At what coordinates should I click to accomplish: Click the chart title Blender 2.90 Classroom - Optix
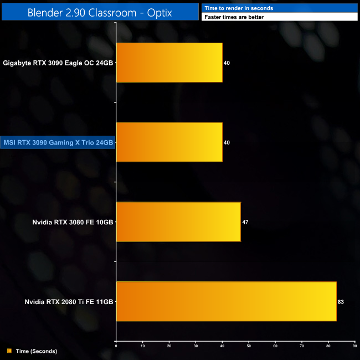tap(100, 12)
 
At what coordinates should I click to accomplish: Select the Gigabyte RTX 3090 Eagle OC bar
tap(169, 63)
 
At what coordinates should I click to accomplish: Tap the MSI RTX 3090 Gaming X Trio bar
tap(169, 142)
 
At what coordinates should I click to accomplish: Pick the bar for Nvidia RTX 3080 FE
tap(178, 222)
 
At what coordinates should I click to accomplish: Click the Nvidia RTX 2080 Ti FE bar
tap(226, 301)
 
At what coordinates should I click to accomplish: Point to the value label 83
tap(341, 302)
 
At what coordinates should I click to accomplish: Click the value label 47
tap(245, 222)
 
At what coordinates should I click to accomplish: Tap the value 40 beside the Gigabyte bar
tap(227, 63)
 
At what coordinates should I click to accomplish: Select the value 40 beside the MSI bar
tap(227, 143)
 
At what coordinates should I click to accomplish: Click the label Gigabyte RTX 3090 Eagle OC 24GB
tap(58, 63)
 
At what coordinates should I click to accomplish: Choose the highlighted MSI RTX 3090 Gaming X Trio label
tap(58, 143)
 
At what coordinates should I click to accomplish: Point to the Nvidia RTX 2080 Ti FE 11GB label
tap(69, 302)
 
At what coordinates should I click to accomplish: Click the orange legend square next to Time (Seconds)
tap(9, 351)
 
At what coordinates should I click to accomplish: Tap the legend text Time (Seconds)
tap(37, 351)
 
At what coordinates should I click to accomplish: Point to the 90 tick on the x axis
tap(355, 346)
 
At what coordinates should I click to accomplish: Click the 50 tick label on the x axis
tap(249, 346)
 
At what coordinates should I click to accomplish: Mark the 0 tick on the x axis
tap(116, 346)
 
